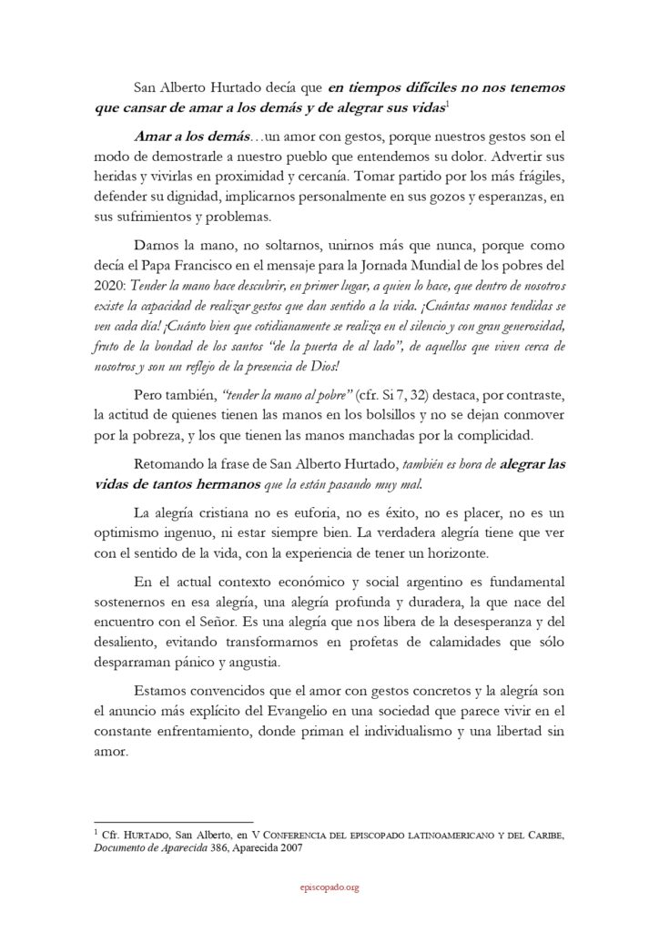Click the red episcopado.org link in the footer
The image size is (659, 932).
(329, 887)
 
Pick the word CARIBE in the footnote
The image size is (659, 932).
(542, 833)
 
